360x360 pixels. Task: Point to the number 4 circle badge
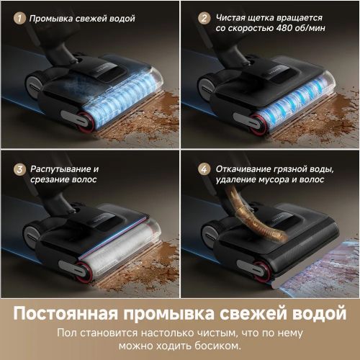point(203,168)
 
